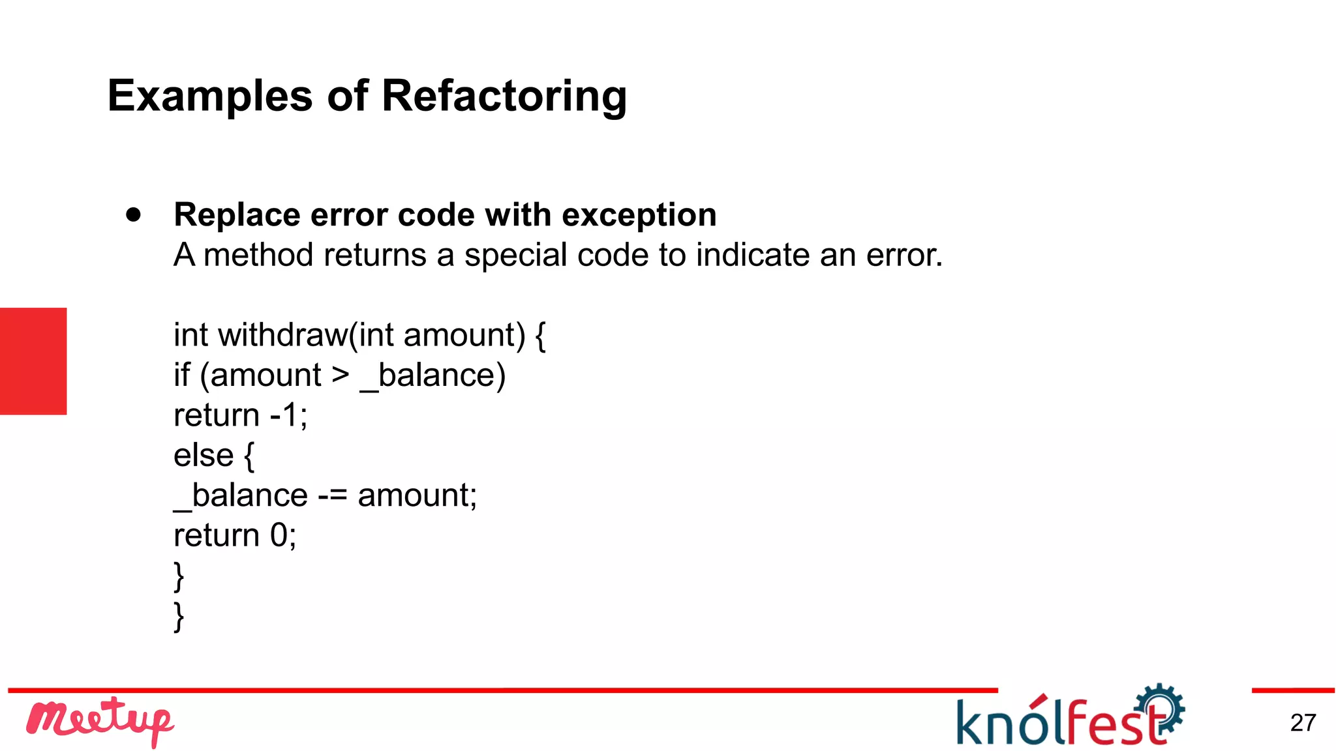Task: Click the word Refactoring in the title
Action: click(x=504, y=96)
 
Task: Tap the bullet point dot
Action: click(x=134, y=214)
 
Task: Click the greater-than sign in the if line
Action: click(x=341, y=375)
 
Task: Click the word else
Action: click(x=203, y=455)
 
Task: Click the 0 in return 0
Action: click(x=279, y=536)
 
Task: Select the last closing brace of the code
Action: click(x=179, y=616)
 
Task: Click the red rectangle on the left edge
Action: click(x=33, y=361)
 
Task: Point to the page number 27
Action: click(x=1303, y=723)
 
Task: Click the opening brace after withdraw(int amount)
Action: click(x=540, y=336)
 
